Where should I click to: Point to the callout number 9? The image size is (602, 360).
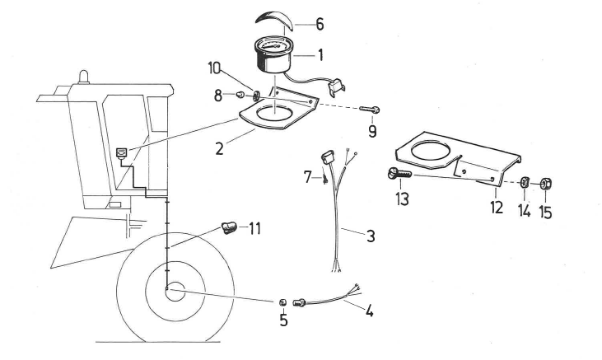pos(372,130)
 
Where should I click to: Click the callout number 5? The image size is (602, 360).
pos(283,320)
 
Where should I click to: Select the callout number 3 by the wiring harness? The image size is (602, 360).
pos(371,236)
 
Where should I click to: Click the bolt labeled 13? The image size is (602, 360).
pos(394,173)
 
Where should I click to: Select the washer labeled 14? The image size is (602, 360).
pos(523,184)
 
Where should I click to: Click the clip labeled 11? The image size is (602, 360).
pos(231,226)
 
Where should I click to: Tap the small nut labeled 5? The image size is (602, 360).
pos(282,301)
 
